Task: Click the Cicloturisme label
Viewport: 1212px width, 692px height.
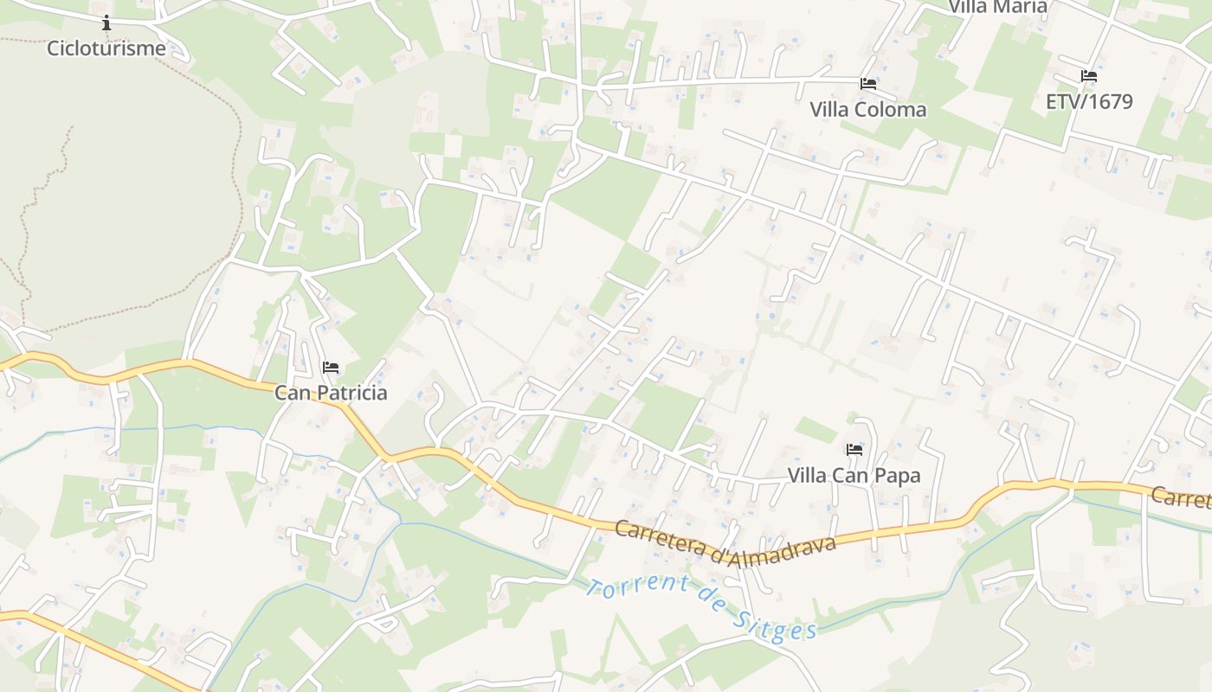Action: (106, 48)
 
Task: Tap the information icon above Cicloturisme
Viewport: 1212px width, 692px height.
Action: (106, 22)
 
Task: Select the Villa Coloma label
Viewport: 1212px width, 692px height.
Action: (867, 110)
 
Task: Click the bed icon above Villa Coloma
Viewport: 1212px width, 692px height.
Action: (868, 84)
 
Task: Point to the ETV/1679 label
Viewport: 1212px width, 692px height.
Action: (1089, 102)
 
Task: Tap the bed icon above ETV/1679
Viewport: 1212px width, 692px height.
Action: (1089, 76)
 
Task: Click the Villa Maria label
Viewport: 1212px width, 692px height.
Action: (997, 7)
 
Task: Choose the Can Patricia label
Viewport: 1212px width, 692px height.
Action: (331, 393)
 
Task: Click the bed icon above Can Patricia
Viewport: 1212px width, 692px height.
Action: (331, 368)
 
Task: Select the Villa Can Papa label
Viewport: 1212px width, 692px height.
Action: (854, 476)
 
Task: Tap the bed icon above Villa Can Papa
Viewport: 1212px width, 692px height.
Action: (854, 450)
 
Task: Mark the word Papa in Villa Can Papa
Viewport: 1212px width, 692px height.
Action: (899, 476)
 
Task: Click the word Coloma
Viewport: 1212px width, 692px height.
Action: (891, 110)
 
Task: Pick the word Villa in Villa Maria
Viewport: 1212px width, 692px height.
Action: (968, 7)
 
